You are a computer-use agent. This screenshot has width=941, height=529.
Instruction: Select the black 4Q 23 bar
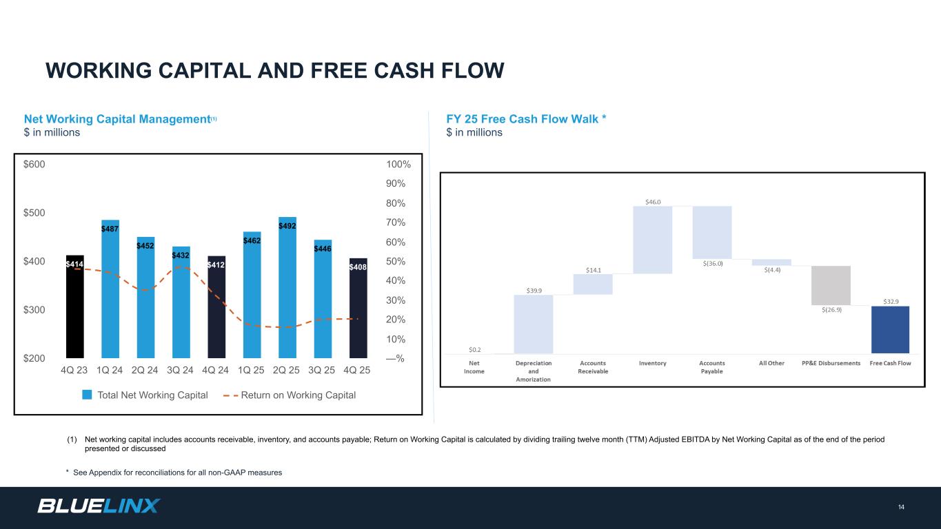(x=74, y=307)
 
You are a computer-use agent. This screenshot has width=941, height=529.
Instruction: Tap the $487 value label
(x=110, y=229)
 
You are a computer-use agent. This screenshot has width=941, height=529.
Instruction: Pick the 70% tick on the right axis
(x=394, y=222)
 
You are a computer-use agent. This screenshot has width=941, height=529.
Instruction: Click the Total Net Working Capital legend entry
(x=145, y=395)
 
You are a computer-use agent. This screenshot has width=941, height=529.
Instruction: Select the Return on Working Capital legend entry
(x=290, y=395)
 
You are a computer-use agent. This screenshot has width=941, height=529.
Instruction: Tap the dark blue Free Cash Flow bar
(x=890, y=329)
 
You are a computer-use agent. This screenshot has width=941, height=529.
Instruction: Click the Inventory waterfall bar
(x=652, y=239)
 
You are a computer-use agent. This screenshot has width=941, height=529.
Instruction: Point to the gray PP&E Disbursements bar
(x=831, y=285)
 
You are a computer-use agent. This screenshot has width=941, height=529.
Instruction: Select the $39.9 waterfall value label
(x=534, y=291)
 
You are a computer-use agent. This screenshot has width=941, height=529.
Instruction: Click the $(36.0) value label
(x=713, y=263)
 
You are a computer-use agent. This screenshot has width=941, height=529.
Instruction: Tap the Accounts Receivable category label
(x=593, y=367)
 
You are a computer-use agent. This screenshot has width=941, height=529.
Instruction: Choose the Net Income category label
(x=475, y=367)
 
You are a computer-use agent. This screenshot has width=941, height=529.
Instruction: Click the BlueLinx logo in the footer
(x=99, y=506)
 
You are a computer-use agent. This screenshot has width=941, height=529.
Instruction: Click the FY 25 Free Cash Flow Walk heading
(x=526, y=118)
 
